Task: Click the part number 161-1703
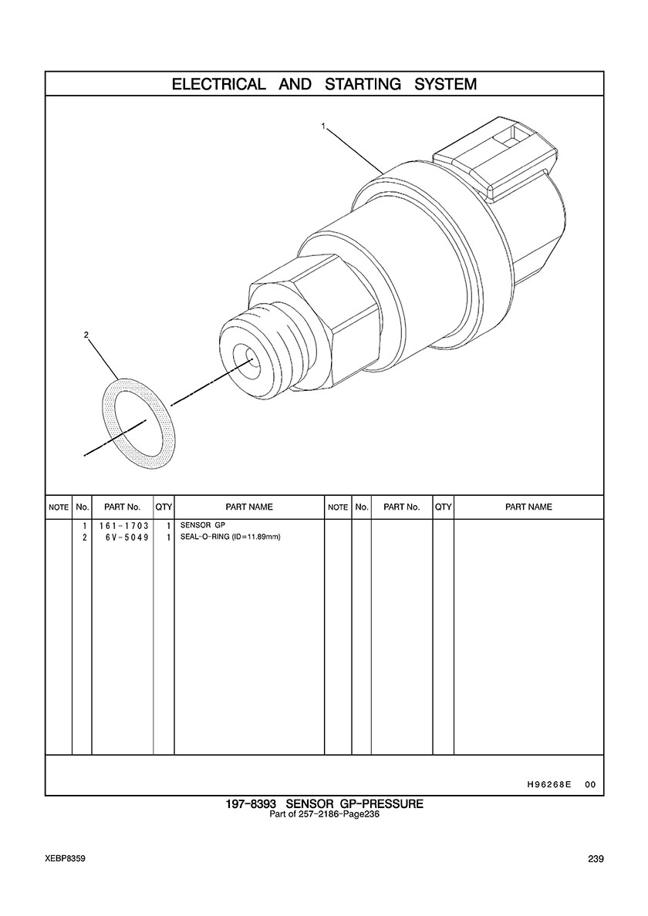pyautogui.click(x=124, y=526)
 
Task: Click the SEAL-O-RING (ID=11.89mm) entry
pyautogui.click(x=230, y=537)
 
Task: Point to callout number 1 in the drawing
pyautogui.click(x=322, y=125)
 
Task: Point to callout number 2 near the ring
pyautogui.click(x=86, y=335)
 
